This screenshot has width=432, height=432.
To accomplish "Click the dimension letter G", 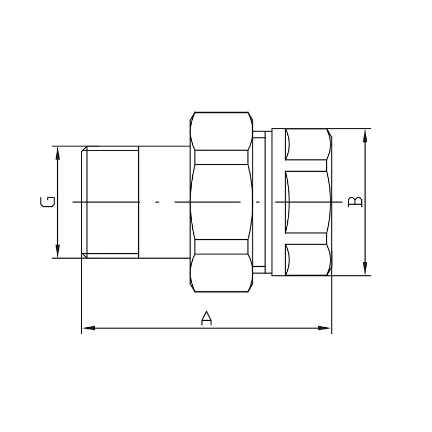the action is pos(48,202).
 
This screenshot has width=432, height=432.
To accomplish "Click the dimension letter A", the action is pos(206,318).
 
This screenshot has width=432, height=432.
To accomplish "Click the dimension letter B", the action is pos(355,201).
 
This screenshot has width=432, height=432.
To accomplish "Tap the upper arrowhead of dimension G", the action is pos(58,153).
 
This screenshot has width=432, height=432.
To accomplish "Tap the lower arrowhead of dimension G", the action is pos(58,251).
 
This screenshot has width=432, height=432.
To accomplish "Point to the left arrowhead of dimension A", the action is pos(89,328).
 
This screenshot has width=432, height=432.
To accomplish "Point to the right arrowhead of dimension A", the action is pos(325,328).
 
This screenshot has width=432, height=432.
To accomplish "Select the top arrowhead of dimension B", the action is pos(365,136).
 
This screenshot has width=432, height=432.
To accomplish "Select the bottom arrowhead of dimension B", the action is pos(365,268).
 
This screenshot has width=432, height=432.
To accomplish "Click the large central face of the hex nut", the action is pos(221,202).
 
